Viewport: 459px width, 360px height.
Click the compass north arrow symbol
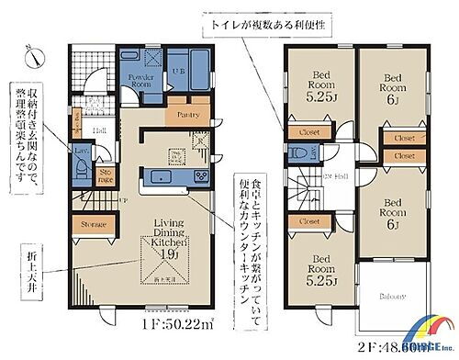point(33,57)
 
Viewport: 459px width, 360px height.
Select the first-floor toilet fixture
point(84,167)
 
